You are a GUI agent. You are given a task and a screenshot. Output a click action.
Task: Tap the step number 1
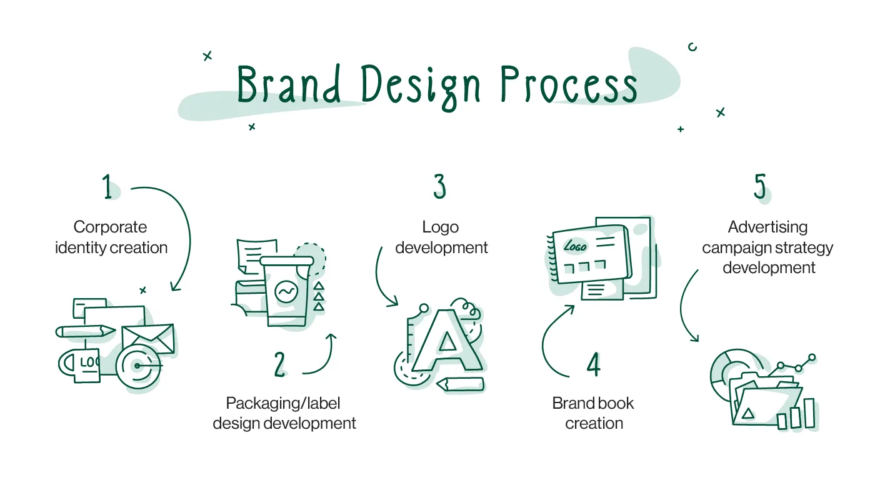(108, 187)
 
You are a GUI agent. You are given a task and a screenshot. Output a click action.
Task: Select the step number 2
(280, 364)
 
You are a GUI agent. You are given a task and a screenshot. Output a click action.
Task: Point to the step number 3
(440, 187)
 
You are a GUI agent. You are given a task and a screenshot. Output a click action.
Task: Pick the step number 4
(593, 364)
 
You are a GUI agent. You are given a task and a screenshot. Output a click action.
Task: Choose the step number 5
(760, 187)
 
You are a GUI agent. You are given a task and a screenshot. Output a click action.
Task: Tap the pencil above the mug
(86, 331)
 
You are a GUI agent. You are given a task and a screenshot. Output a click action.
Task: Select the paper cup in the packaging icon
(286, 291)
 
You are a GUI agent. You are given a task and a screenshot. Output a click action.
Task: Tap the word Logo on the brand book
(575, 246)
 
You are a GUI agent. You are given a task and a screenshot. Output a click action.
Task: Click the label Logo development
(441, 237)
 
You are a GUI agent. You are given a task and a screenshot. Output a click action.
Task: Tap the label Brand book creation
(593, 413)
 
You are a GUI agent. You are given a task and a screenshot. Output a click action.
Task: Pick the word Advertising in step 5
(767, 227)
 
